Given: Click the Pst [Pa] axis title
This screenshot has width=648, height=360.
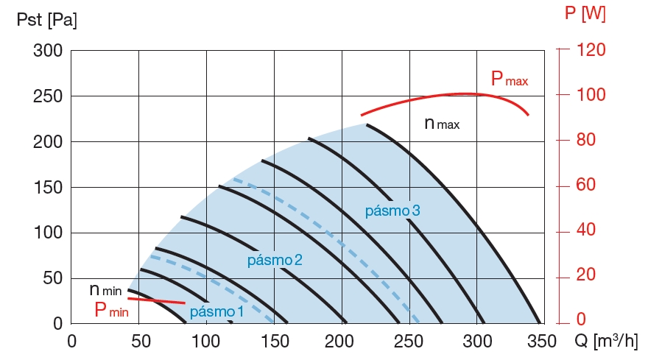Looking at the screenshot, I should point(46,20).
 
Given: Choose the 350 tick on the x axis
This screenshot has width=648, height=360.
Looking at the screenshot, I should point(542,342).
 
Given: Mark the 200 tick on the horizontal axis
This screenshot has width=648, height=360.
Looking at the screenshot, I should point(341,342).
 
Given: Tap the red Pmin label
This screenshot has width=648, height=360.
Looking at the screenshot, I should point(111,310).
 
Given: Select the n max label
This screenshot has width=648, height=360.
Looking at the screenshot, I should point(442,124).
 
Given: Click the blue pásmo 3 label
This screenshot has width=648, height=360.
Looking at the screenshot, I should point(392,211).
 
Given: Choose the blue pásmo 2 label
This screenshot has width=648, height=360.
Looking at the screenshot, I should point(275,260).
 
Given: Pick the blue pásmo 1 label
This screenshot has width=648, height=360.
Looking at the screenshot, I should point(216,312).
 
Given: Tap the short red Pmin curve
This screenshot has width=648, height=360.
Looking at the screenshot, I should point(156,300).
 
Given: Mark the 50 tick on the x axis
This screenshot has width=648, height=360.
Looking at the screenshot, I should point(138,342).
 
